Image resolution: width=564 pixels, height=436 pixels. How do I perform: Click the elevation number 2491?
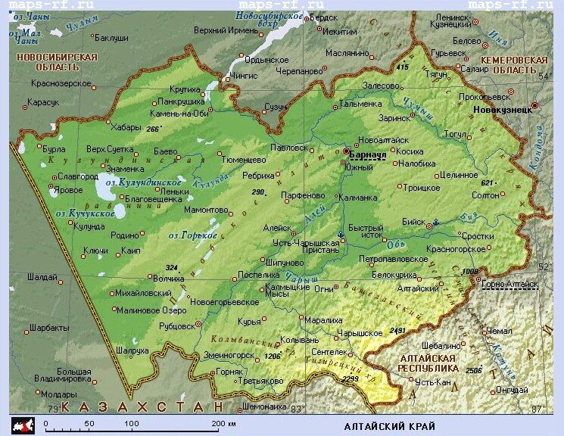pos(397,331)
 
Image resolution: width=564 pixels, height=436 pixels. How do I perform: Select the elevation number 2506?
pos(474,370)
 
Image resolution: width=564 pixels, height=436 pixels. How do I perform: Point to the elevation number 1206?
pos(272,356)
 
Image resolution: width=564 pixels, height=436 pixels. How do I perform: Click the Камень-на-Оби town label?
pos(179,113)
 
